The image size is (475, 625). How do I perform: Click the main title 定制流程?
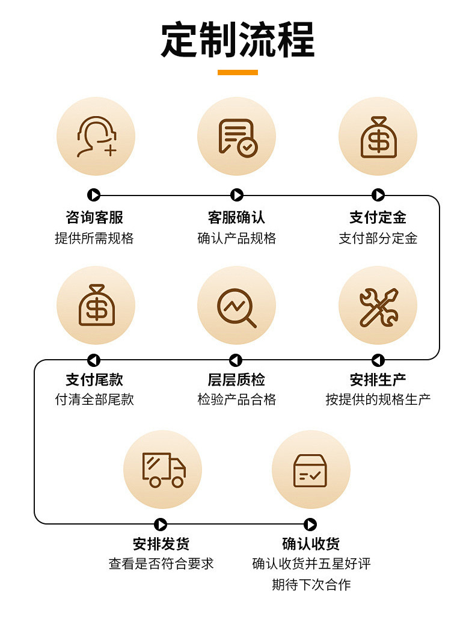click(237, 40)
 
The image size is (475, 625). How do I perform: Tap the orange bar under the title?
click(237, 73)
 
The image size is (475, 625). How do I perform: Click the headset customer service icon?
click(96, 137)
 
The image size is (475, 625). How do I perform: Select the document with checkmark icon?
click(237, 137)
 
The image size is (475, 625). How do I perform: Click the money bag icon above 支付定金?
click(378, 137)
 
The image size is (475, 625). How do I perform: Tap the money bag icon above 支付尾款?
click(96, 305)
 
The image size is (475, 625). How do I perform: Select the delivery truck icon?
click(163, 469)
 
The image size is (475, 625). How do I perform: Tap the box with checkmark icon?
click(310, 470)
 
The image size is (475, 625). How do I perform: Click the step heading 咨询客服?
click(94, 217)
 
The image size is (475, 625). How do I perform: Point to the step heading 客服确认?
click(236, 217)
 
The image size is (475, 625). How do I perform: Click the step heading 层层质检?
click(236, 380)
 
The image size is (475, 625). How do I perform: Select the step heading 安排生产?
click(378, 380)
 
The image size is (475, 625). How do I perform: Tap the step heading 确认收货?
click(311, 544)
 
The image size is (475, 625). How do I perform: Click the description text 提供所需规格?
click(94, 238)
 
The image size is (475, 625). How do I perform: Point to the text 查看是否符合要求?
click(161, 564)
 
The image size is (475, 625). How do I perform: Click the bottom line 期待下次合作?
click(311, 584)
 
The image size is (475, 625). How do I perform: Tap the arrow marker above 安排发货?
click(161, 525)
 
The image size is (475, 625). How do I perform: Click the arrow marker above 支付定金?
click(378, 195)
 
